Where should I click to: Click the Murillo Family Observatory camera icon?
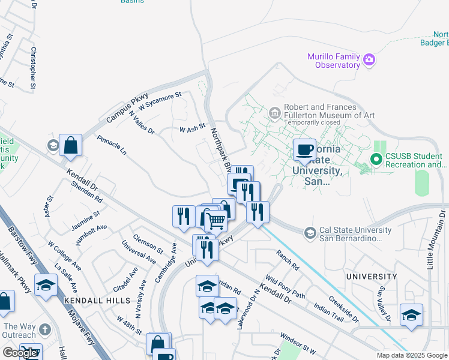(x=369, y=59)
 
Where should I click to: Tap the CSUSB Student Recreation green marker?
(x=376, y=160)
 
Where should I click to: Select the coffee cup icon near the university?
(x=304, y=149)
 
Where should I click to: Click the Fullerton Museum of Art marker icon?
(x=274, y=112)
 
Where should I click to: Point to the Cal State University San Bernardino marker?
(x=310, y=232)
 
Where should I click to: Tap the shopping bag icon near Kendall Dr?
(x=70, y=145)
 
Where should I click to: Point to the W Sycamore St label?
(x=160, y=101)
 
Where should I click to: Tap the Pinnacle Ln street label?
(x=112, y=145)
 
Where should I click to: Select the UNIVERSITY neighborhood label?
(x=371, y=277)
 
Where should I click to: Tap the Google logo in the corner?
(x=20, y=353)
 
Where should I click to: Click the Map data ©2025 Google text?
(x=411, y=355)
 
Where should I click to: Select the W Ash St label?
(x=192, y=128)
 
